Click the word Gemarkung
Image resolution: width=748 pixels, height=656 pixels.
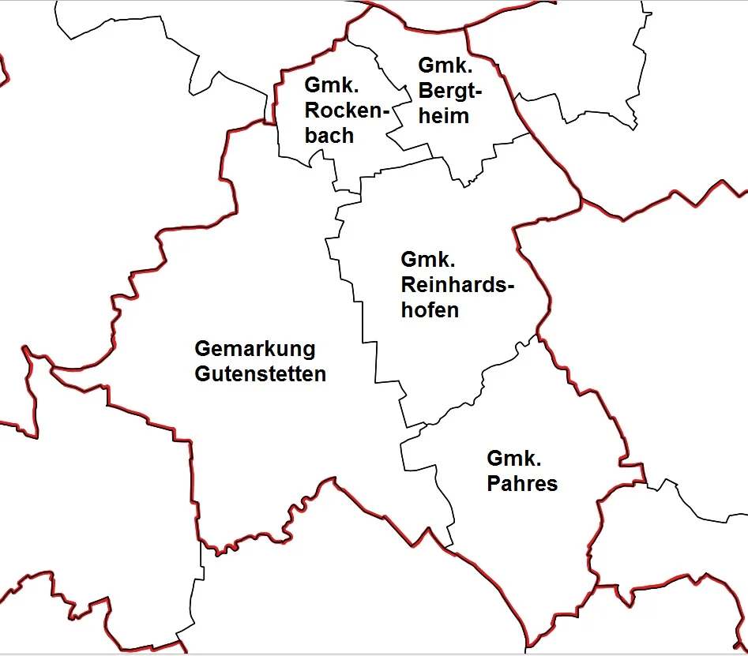coord(254,349)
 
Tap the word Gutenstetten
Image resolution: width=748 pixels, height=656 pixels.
coord(260,374)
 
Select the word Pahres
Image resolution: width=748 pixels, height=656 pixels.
coord(521,483)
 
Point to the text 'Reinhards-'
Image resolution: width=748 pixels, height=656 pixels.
coord(457,284)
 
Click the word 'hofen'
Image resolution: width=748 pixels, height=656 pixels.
coord(429,309)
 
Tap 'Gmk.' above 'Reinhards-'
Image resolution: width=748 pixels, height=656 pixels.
coord(427,259)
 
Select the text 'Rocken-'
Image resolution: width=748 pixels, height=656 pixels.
coord(348,111)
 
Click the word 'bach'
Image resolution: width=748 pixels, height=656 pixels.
coord(329,136)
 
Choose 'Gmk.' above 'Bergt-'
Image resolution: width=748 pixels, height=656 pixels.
coord(445,66)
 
